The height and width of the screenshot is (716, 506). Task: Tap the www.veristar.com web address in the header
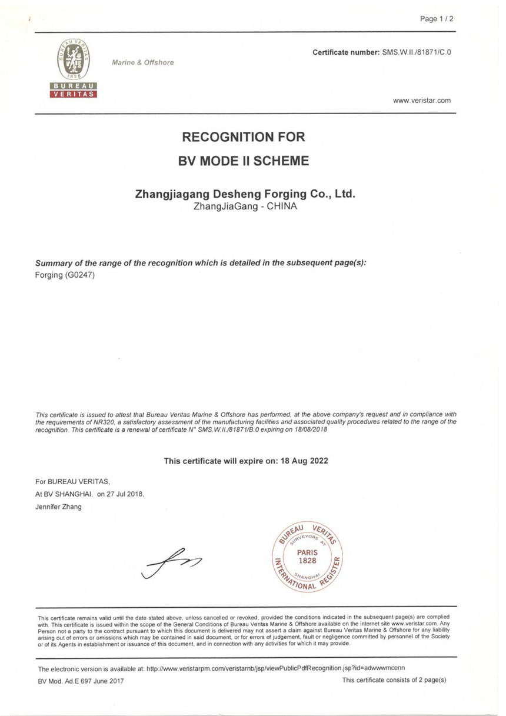coord(421,101)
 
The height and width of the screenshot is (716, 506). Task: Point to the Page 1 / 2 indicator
coord(437,19)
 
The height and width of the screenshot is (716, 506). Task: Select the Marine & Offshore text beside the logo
coord(143,62)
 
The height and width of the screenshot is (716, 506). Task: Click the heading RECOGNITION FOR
coord(244,138)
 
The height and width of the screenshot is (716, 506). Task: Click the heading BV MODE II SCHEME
coord(244,161)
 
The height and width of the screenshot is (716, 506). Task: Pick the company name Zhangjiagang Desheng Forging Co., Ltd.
coord(245,194)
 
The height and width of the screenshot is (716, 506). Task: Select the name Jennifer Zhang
coord(59,507)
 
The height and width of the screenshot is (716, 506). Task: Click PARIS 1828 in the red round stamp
coord(307,557)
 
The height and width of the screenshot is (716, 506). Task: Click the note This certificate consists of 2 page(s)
coord(394,680)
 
